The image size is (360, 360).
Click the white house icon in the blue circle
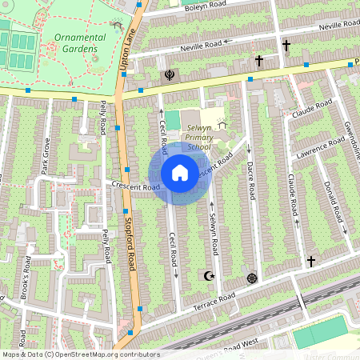(180, 172)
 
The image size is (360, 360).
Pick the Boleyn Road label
(185, 9)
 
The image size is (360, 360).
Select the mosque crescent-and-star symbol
(210, 276)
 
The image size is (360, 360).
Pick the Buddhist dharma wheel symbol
(253, 278)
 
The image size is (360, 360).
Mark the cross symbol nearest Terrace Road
(311, 261)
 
